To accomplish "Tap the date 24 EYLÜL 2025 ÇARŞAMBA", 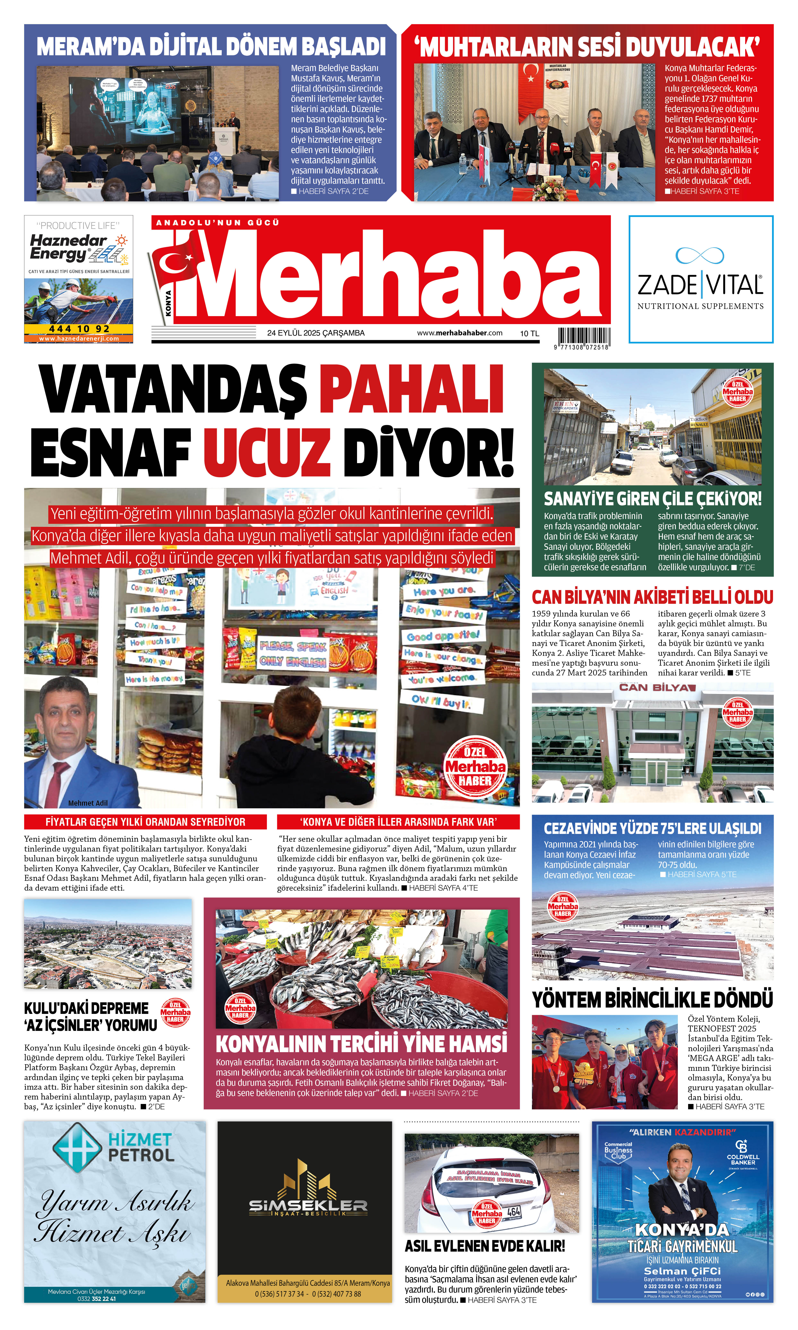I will coord(316,333).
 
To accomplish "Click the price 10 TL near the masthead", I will coord(529,334).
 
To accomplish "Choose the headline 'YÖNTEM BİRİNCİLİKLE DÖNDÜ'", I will coord(652,1000).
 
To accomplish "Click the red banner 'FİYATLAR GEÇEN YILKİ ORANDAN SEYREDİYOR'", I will coord(145,822).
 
